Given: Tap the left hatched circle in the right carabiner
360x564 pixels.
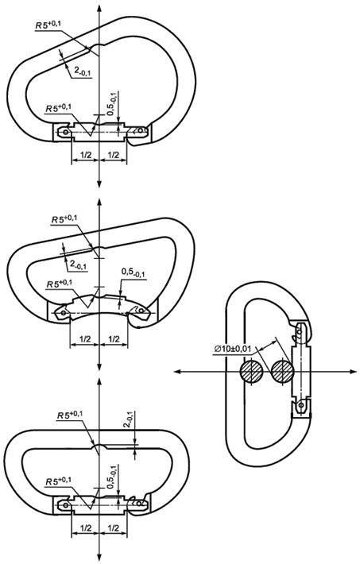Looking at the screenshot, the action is click(251, 372).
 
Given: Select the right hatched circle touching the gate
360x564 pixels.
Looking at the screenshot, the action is click(283, 372).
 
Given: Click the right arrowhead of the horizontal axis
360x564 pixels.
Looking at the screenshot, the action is click(354, 372).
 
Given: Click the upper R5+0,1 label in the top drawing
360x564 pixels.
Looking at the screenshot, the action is click(48, 25).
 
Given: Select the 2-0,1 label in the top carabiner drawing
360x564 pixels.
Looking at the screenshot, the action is click(83, 72).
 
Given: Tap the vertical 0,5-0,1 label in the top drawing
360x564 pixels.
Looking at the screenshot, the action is click(113, 103).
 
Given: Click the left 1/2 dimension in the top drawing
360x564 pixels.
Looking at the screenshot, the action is click(85, 155).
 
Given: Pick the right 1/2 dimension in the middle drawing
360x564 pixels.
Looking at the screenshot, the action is click(114, 338).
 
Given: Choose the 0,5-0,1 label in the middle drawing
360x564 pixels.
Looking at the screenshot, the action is click(134, 272).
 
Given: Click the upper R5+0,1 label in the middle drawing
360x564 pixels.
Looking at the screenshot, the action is click(64, 219).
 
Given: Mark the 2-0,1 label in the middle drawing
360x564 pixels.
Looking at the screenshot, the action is click(79, 265).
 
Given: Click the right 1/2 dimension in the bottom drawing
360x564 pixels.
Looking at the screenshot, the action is click(113, 528).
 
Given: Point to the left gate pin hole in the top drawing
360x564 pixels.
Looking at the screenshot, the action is click(65, 132).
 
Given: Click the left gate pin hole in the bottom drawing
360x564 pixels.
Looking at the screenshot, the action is click(65, 505).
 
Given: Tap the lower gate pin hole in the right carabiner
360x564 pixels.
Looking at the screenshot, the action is click(301, 406).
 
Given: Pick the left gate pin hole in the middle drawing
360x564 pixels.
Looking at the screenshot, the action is click(64, 312).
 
